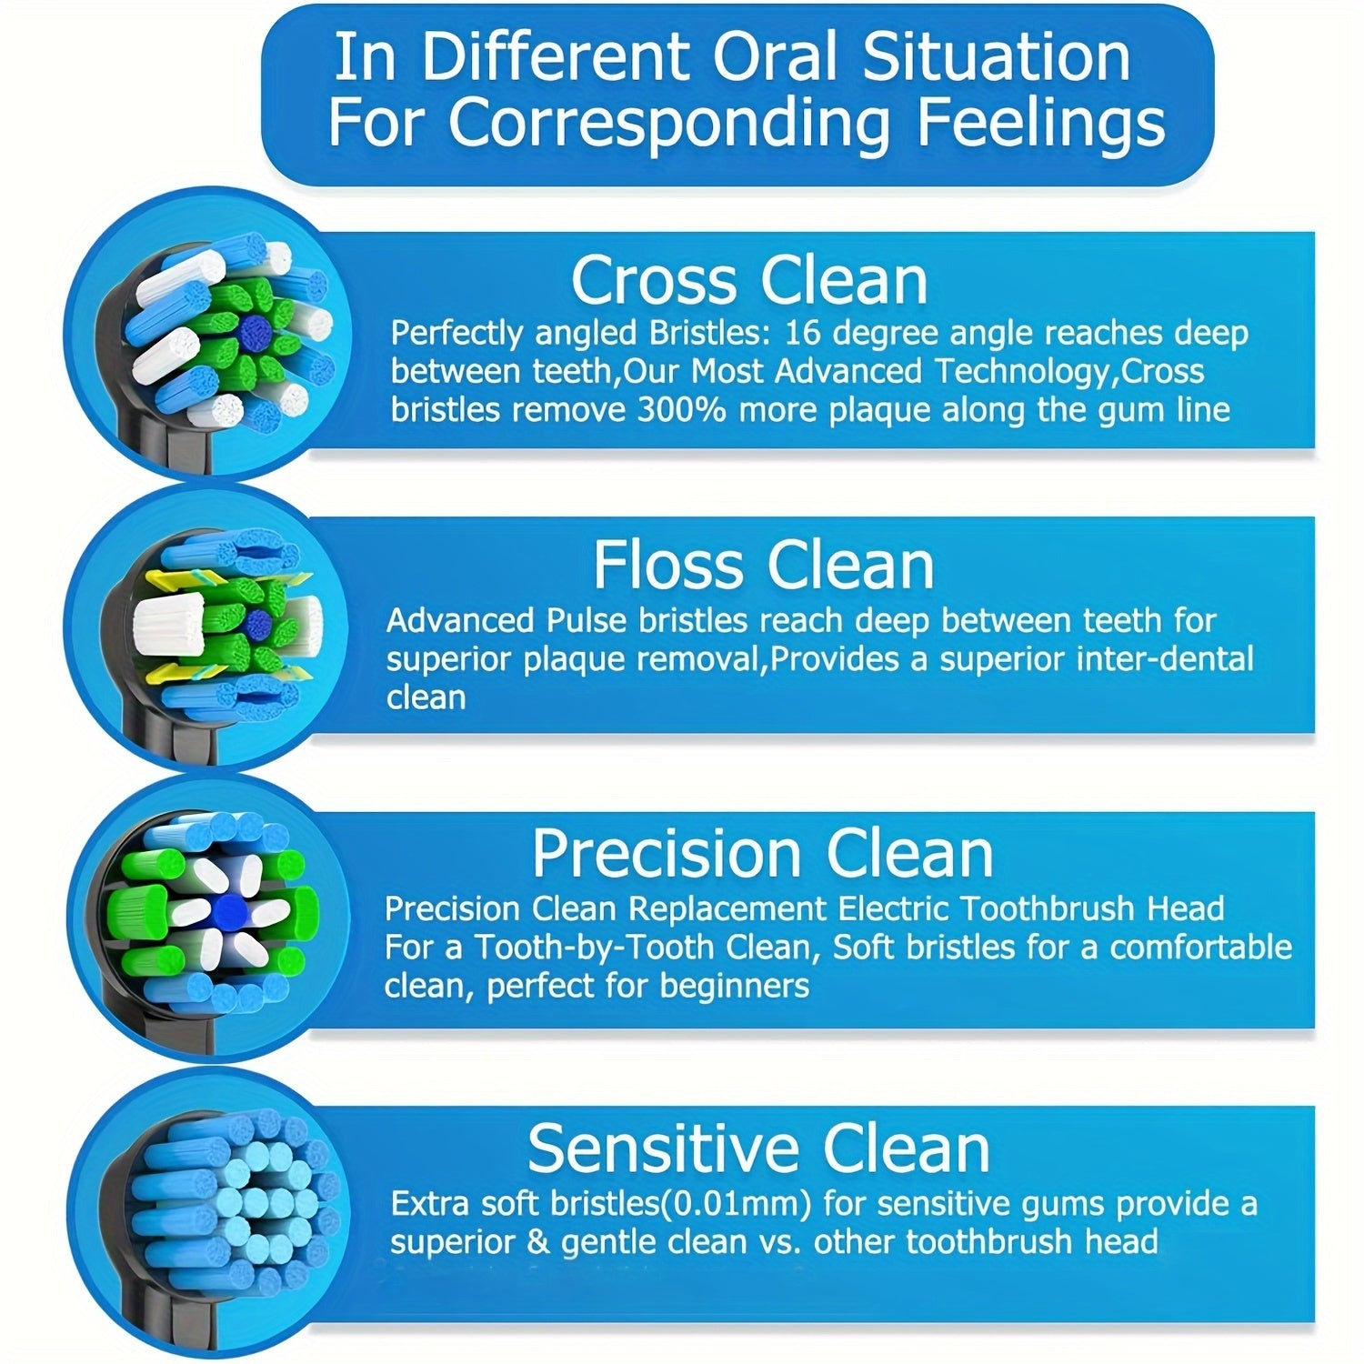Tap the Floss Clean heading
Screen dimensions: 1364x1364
(764, 566)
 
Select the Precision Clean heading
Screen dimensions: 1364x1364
(762, 854)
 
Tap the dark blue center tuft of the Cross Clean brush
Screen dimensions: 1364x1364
(252, 334)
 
